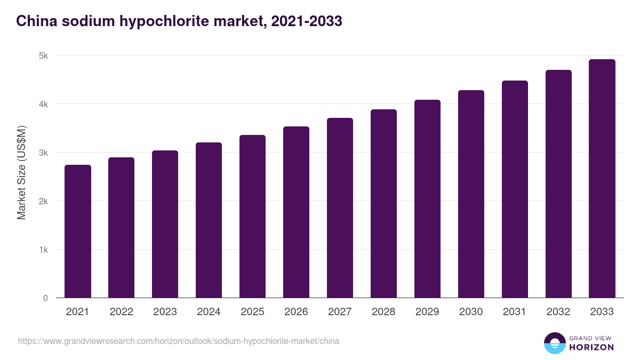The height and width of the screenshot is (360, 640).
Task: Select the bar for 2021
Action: coord(78,231)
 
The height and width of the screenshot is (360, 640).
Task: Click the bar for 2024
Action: coord(209,220)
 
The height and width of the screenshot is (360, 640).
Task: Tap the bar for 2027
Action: coord(340,208)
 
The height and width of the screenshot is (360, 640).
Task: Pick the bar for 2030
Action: coord(471,194)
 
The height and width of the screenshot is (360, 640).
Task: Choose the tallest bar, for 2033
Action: coord(602,179)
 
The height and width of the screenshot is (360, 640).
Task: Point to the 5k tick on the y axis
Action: coord(44,55)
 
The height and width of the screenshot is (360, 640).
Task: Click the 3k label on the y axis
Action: coord(44,153)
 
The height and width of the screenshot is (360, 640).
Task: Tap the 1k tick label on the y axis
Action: coord(44,250)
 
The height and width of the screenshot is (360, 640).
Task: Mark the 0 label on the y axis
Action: coord(46,298)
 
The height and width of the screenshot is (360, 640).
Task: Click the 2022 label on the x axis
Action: coord(121,312)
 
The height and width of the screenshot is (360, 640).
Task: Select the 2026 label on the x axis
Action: coord(296,312)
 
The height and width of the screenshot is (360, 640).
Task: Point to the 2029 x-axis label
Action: coord(427,312)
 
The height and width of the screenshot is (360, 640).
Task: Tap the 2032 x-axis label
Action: coord(558,312)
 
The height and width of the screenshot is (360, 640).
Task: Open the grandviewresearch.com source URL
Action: coord(179,341)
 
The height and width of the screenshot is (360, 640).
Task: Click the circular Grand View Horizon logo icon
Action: coord(554,343)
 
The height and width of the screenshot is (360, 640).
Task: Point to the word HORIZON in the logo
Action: coord(591,347)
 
